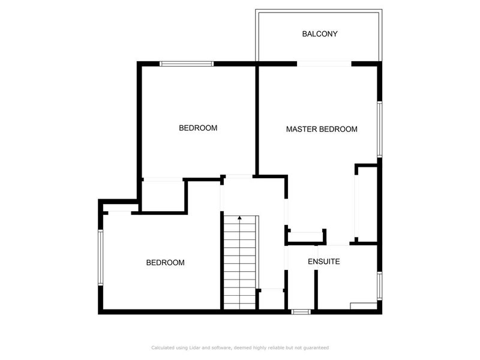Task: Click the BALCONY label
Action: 319,34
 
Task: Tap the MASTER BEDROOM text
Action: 322,129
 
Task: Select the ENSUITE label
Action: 324,262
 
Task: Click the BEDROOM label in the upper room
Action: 198,128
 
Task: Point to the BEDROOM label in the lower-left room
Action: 166,263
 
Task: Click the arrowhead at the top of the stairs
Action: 240,217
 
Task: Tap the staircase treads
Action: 240,264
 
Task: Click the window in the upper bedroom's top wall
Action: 187,63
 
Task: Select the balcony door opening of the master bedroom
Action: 324,63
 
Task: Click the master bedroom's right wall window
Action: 379,129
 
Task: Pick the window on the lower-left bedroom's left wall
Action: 101,258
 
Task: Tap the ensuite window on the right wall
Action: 379,287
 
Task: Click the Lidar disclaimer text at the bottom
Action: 240,347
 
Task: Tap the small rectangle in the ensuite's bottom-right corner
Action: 364,306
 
